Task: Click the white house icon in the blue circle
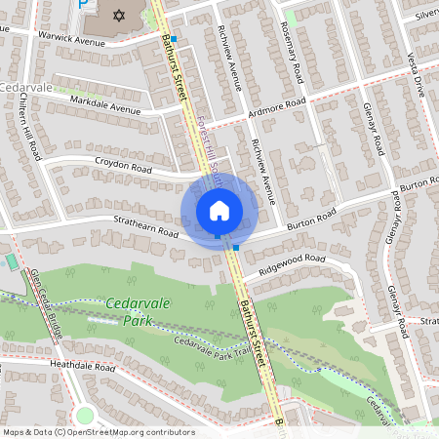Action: pyautogui.click(x=219, y=210)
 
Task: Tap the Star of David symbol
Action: pyautogui.click(x=120, y=17)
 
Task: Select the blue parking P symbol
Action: pyautogui.click(x=84, y=4)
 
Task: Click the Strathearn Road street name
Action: pyautogui.click(x=146, y=231)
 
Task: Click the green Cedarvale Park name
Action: pyautogui.click(x=137, y=312)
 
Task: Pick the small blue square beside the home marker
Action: pyautogui.click(x=236, y=248)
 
